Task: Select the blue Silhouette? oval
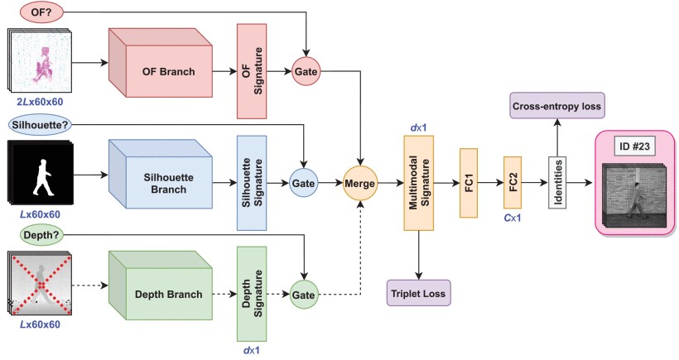point(41,123)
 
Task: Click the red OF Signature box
point(252,71)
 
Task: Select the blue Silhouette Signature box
point(251,182)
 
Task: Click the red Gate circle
point(306,72)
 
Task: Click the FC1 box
point(470,183)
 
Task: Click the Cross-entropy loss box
point(556,107)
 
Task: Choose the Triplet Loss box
point(418,293)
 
